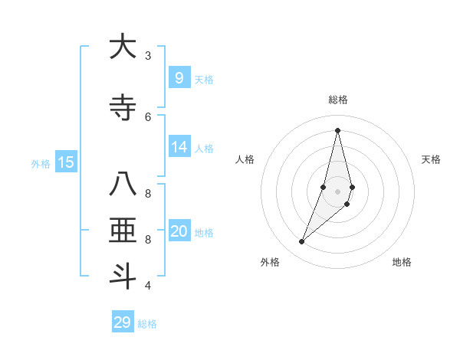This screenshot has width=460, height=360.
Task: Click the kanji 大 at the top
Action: point(122,47)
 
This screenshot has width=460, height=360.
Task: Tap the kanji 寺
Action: point(122,108)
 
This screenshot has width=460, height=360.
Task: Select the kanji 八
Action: point(122,185)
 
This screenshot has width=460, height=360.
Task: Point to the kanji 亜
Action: point(122,231)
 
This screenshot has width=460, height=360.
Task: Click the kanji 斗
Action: point(122,275)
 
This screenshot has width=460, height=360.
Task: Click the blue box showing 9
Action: point(179,77)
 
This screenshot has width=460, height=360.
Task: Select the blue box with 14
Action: point(179,147)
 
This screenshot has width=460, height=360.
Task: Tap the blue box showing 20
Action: point(179,231)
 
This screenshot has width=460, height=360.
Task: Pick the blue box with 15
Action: point(66,162)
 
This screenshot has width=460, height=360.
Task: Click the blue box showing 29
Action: point(123,322)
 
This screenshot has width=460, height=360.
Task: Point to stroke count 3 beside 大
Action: point(148,56)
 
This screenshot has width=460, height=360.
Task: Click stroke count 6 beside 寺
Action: point(148,117)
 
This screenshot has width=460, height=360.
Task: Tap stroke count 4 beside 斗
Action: point(148,286)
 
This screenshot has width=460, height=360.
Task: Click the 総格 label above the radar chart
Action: point(337,100)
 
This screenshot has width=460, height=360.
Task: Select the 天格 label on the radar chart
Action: point(431,159)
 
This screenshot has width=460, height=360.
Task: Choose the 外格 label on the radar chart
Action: point(270,262)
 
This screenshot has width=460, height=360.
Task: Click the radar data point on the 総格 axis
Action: point(337,130)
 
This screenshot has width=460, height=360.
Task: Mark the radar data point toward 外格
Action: point(302,242)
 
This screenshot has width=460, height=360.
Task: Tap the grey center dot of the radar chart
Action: point(337,191)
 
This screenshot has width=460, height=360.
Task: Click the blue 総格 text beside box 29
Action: point(147,324)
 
